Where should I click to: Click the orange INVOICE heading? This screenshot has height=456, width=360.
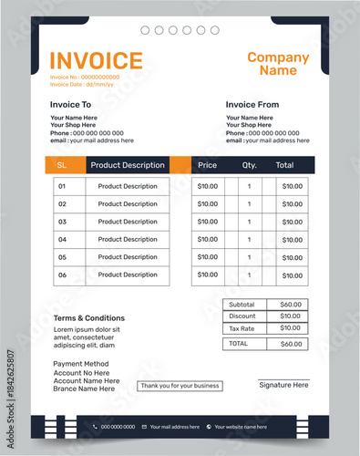(96, 60)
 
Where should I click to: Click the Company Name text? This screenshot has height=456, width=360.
(278, 64)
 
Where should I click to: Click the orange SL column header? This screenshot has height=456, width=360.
(62, 165)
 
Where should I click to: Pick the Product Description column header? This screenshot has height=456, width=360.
(128, 165)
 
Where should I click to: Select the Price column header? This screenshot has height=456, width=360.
(208, 165)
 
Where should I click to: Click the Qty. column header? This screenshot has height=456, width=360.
(250, 165)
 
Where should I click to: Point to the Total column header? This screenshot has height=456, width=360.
(284, 165)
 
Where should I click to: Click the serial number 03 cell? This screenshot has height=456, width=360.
(62, 222)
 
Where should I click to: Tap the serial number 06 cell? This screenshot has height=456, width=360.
(62, 275)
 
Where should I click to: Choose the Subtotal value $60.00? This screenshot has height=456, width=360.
(291, 305)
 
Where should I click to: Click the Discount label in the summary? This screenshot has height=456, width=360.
(242, 316)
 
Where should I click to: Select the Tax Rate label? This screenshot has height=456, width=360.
(242, 328)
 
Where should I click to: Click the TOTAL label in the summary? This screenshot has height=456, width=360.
(239, 344)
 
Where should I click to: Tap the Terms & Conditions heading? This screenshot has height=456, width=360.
(88, 318)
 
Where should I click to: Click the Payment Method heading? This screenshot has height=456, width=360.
(81, 364)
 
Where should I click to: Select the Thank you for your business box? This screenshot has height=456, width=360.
(180, 386)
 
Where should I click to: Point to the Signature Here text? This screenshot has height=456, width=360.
(283, 386)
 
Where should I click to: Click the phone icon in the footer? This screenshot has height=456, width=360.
(95, 426)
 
